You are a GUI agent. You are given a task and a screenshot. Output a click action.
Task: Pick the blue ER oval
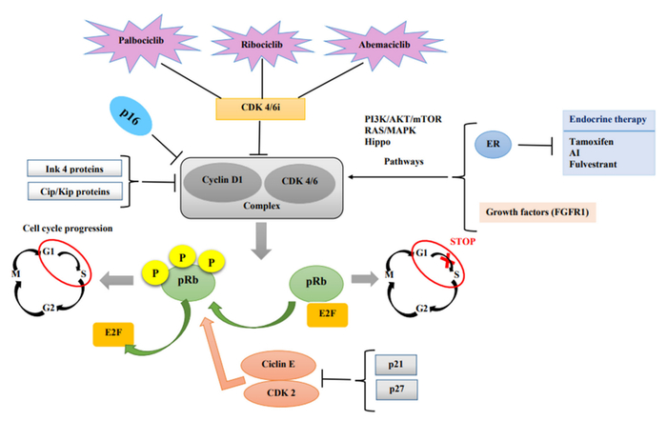[x=494, y=146]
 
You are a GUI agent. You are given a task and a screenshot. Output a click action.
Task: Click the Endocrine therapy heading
[x=608, y=119]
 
